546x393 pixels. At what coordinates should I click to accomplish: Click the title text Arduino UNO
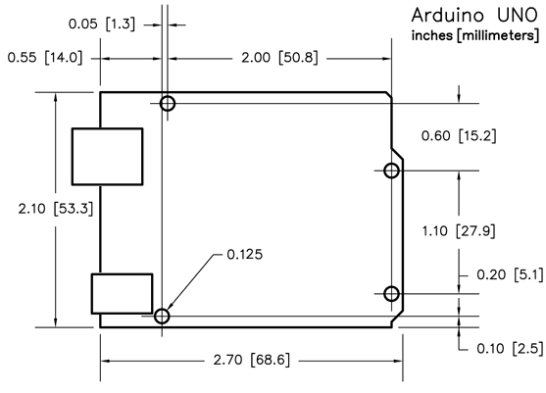tap(473, 16)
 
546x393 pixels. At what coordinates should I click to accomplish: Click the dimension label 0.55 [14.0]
tap(45, 58)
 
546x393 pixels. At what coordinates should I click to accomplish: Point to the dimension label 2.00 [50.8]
tap(277, 58)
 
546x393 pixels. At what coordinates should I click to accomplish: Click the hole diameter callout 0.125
tap(244, 255)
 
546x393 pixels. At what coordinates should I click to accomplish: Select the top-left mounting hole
tap(168, 103)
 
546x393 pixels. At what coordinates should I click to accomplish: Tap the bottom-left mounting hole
tap(162, 316)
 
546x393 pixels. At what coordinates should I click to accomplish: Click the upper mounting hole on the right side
tap(391, 172)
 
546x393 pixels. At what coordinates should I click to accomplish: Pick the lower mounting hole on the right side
tap(391, 294)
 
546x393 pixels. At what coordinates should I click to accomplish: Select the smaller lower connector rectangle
tap(122, 293)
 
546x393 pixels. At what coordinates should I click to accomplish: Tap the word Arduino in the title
tap(446, 16)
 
